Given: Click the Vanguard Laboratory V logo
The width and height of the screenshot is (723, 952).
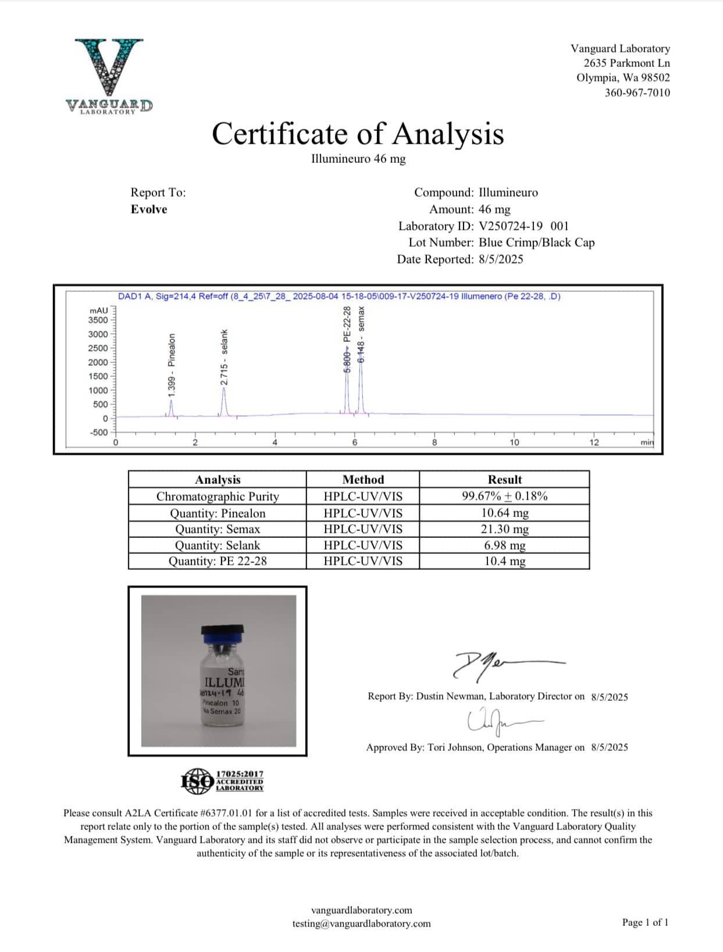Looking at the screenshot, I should [x=109, y=69].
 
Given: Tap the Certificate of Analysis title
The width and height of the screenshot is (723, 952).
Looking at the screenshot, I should [x=358, y=134].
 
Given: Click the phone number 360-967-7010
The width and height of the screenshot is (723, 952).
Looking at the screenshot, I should [x=637, y=92].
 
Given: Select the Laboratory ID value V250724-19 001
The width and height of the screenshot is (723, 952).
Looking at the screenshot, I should [x=523, y=226].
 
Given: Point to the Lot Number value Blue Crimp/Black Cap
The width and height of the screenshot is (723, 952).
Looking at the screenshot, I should [x=536, y=243].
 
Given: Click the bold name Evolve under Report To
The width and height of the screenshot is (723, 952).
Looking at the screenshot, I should [x=149, y=209].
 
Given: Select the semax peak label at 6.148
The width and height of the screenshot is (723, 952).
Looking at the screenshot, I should [x=361, y=335].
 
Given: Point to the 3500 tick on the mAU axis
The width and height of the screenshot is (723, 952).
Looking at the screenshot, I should [x=98, y=320].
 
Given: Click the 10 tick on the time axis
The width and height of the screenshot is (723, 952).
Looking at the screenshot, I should [x=514, y=442].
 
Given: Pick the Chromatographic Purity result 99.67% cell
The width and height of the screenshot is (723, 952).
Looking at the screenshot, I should [x=504, y=496].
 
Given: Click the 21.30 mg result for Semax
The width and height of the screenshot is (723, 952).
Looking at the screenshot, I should [x=504, y=529].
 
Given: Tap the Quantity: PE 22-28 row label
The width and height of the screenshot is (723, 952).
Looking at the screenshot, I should [x=218, y=561].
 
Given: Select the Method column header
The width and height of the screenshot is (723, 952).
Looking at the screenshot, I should [x=363, y=480].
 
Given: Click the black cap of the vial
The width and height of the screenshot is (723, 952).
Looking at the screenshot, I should [x=222, y=631].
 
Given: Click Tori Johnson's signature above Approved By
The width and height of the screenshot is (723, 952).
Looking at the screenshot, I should [x=500, y=721].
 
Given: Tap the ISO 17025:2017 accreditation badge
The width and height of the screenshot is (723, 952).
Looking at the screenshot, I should [x=222, y=781].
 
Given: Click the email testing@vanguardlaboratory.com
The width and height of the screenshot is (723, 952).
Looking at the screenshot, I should [x=361, y=924].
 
